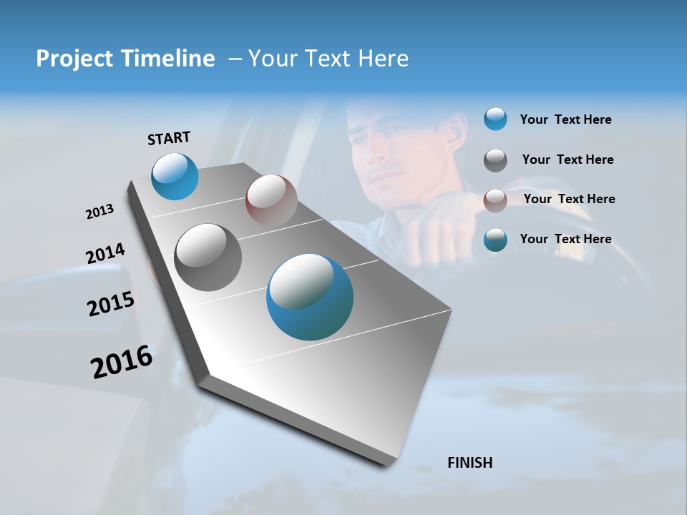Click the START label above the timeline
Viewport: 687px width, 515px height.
pyautogui.click(x=169, y=137)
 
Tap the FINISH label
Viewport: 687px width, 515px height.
pyautogui.click(x=469, y=463)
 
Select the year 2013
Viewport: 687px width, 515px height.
pyautogui.click(x=99, y=212)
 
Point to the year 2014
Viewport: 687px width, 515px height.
pyautogui.click(x=105, y=254)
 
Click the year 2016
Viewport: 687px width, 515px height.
pyautogui.click(x=122, y=362)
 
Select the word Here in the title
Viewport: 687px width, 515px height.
pyautogui.click(x=383, y=59)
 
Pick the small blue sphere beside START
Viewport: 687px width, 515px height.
pyautogui.click(x=175, y=176)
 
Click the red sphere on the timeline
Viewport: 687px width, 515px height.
pyautogui.click(x=271, y=200)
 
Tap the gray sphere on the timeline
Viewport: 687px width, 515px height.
pyautogui.click(x=208, y=257)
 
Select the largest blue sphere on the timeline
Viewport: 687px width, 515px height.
pyautogui.click(x=310, y=297)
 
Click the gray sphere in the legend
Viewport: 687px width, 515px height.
pyautogui.click(x=495, y=160)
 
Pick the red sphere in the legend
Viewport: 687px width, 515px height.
pyautogui.click(x=495, y=200)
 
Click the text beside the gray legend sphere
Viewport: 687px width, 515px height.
pyautogui.click(x=567, y=160)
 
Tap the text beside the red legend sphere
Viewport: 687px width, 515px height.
pyautogui.click(x=569, y=199)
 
